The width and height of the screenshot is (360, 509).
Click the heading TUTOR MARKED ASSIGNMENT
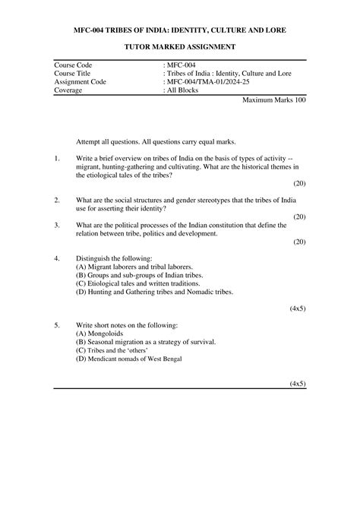pyautogui.click(x=180, y=48)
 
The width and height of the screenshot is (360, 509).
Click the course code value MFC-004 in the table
pyautogui.click(x=181, y=67)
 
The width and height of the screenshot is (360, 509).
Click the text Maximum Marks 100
pyautogui.click(x=274, y=100)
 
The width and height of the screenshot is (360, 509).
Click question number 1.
pyautogui.click(x=57, y=158)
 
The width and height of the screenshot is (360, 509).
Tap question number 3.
pyautogui.click(x=57, y=226)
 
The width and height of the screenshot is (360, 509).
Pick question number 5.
pyautogui.click(x=57, y=325)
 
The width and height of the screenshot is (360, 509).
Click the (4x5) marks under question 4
pyautogui.click(x=298, y=309)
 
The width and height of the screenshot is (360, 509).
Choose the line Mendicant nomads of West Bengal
pyautogui.click(x=129, y=359)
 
